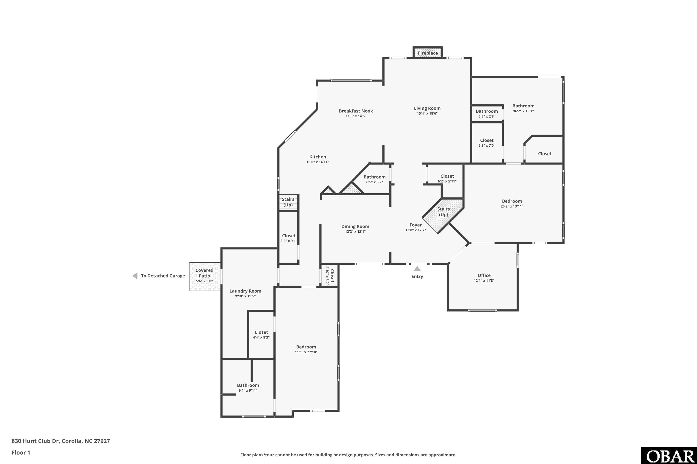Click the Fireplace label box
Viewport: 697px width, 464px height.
428,53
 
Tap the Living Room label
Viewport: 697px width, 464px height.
427,108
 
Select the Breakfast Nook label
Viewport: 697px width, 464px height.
356,111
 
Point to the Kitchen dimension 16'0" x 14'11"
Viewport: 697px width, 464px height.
318,162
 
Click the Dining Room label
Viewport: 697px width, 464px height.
355,226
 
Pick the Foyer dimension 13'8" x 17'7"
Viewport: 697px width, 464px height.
415,230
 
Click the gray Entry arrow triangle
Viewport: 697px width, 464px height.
417,269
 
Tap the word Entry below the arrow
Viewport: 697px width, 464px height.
417,276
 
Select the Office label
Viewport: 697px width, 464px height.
484,275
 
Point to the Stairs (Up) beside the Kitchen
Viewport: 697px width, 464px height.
288,202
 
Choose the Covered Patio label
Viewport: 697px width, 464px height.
204,273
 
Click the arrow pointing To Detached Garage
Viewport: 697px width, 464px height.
135,276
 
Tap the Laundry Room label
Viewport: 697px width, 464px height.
245,291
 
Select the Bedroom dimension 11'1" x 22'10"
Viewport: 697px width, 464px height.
306,352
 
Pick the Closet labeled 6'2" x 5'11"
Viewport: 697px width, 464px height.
447,179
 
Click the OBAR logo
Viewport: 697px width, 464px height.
669,456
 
